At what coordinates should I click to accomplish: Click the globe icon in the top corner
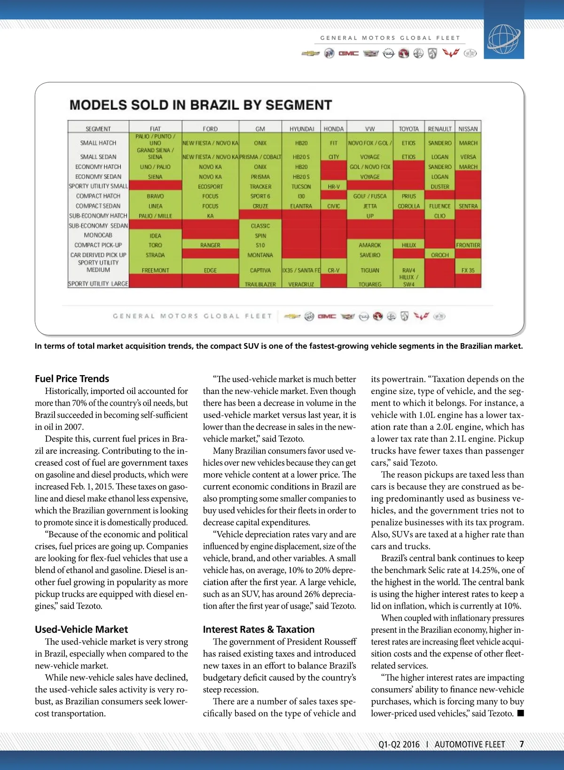[504, 38]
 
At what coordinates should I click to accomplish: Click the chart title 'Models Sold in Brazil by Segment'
[201, 105]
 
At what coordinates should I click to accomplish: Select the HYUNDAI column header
[301, 129]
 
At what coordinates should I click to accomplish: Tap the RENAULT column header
[439, 129]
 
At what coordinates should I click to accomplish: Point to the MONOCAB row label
[98, 235]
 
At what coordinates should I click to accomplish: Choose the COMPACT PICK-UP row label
[98, 245]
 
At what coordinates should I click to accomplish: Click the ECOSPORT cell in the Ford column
[210, 187]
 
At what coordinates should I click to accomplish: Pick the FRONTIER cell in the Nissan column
[468, 245]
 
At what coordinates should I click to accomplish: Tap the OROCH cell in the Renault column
[439, 255]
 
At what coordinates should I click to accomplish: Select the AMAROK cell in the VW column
[370, 245]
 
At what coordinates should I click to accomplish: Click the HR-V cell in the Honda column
[334, 187]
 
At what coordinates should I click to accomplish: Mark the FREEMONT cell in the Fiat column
[155, 270]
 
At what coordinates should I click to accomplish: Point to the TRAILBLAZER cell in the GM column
[260, 284]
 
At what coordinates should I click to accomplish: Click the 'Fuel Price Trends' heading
[72, 379]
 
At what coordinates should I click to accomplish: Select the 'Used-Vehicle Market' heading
[81, 629]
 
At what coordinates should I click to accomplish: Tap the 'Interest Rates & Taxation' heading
[258, 629]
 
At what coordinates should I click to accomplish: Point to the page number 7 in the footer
[522, 744]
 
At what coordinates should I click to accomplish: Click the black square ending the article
[520, 713]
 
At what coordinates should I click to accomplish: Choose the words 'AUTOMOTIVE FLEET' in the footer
[470, 745]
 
